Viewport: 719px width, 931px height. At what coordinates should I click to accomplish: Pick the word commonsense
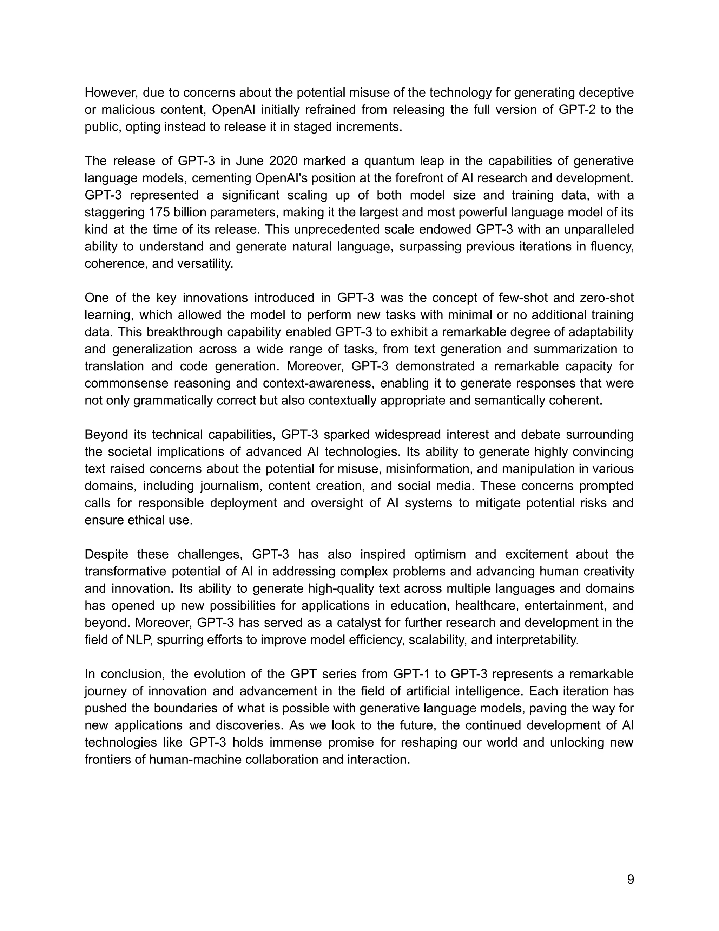tap(126, 383)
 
